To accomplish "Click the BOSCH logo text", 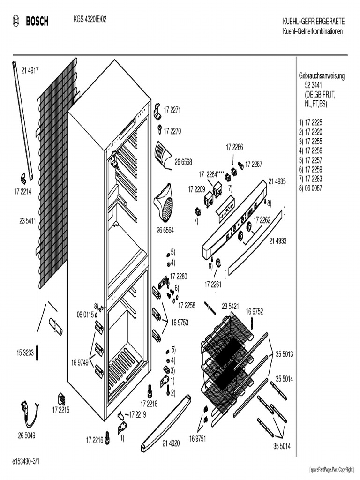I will click(x=37, y=21).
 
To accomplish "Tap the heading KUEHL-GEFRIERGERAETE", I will click(x=314, y=22).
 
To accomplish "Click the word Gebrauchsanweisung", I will click(x=322, y=76).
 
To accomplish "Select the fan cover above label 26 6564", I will click(x=164, y=202).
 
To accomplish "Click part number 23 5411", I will click(x=28, y=220).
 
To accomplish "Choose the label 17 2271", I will click(x=172, y=111).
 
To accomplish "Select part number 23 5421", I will click(x=231, y=306).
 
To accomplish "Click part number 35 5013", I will click(x=284, y=355).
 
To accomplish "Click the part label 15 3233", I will click(x=26, y=353).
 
